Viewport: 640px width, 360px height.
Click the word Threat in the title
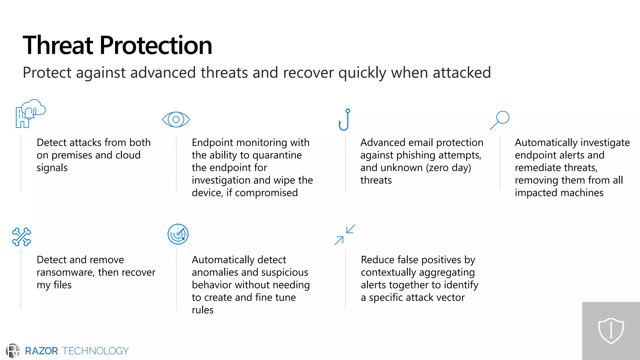(58, 45)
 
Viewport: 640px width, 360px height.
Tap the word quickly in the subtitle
(362, 73)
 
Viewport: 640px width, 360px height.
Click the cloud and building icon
(30, 113)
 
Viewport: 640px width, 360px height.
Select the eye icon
(176, 119)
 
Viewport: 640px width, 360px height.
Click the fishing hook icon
(344, 120)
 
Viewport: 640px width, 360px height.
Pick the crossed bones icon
(21, 237)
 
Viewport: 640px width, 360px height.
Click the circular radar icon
(178, 234)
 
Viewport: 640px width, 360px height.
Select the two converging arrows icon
(345, 235)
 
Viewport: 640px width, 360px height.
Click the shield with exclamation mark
(611, 331)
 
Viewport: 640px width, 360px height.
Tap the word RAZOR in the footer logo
(41, 351)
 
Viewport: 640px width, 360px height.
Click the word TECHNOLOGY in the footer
(95, 351)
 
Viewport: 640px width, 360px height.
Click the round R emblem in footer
(13, 351)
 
